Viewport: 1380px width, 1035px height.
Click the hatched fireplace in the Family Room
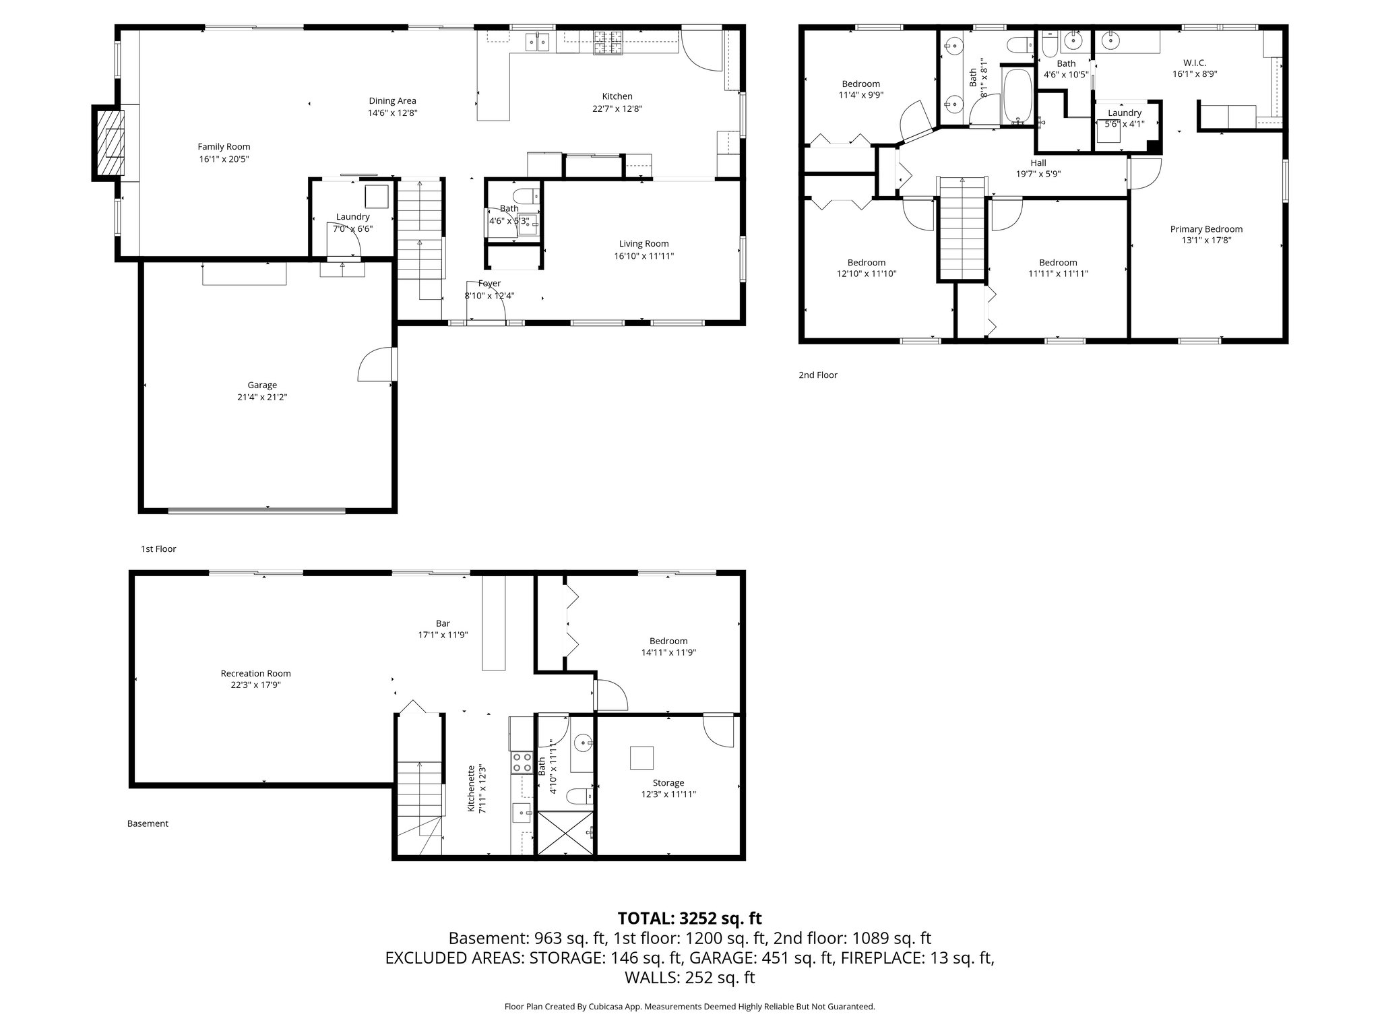[x=110, y=143]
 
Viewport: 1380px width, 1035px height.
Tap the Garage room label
[x=262, y=385]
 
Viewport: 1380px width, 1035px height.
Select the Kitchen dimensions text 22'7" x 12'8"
[x=617, y=108]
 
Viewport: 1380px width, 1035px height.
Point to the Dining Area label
[x=392, y=101]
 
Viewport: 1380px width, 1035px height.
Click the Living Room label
[x=644, y=244]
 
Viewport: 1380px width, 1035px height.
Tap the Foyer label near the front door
[x=489, y=284]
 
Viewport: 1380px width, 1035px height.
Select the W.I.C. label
[x=1194, y=63]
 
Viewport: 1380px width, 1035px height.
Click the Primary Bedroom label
[x=1206, y=229]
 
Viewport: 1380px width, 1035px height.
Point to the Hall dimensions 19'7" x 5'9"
[x=1038, y=174]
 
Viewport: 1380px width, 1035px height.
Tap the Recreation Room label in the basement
[x=255, y=673]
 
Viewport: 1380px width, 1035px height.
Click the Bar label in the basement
[x=443, y=624]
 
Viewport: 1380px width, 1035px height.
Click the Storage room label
[x=668, y=783]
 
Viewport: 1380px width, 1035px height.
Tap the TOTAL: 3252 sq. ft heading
[x=689, y=918]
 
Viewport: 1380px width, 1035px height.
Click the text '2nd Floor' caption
[x=817, y=375]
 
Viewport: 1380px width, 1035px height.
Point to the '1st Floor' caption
[x=158, y=549]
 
